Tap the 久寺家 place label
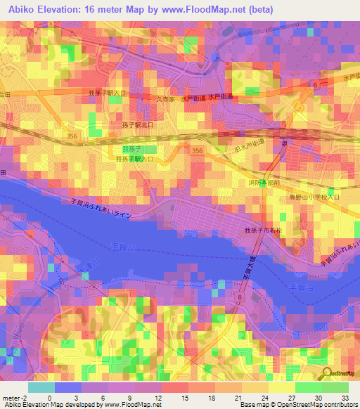click(166, 100)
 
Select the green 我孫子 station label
click(131, 150)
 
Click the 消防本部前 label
click(264, 182)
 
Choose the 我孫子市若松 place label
click(262, 231)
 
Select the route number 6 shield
click(315, 84)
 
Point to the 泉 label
click(285, 141)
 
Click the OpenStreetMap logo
click(339, 373)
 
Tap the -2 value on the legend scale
click(24, 397)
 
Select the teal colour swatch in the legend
click(41, 387)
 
